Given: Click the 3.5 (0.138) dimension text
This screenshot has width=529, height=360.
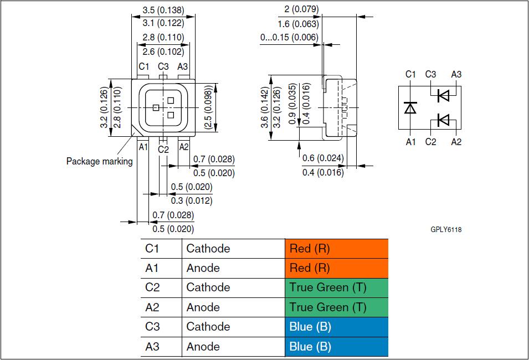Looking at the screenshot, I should pyautogui.click(x=163, y=10).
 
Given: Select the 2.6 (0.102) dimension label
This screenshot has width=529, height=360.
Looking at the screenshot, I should pyautogui.click(x=163, y=52).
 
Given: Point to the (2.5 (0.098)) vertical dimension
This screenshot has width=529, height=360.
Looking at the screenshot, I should pyautogui.click(x=208, y=107).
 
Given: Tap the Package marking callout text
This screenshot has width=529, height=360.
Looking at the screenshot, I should pyautogui.click(x=100, y=162).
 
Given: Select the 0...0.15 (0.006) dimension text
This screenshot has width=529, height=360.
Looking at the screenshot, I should pyautogui.click(x=289, y=38).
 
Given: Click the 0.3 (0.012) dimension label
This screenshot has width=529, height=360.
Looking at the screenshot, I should pyautogui.click(x=191, y=200).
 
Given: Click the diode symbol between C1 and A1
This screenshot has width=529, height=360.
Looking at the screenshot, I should pyautogui.click(x=410, y=107).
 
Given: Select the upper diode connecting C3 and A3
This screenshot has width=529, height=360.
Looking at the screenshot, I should pyautogui.click(x=443, y=96).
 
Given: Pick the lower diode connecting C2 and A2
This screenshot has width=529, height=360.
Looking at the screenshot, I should pyautogui.click(x=443, y=119).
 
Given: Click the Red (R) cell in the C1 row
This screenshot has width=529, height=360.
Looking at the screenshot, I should pyautogui.click(x=336, y=249).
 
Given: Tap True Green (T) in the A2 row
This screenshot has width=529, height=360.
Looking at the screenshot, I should pyautogui.click(x=336, y=307).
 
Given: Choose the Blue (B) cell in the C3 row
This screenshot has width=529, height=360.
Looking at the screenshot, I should pyautogui.click(x=336, y=327).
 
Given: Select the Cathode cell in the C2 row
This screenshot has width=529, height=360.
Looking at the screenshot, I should pyautogui.click(x=208, y=287).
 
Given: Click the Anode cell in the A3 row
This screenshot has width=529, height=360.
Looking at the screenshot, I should pyautogui.click(x=203, y=347).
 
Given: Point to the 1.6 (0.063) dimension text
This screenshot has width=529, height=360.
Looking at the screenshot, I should pyautogui.click(x=298, y=24).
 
